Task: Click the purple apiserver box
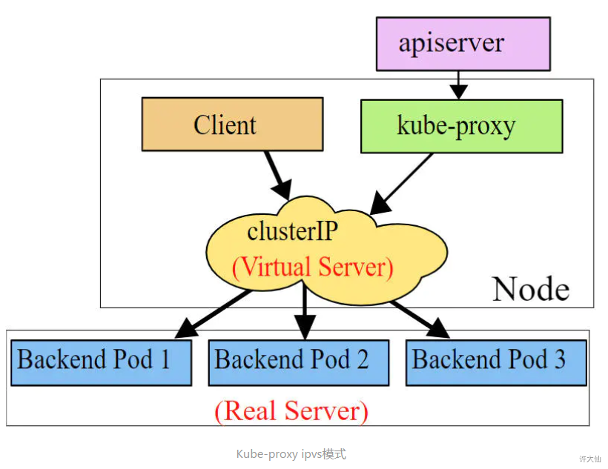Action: tap(463, 44)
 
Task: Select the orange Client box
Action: tap(232, 124)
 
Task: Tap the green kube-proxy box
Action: tap(460, 125)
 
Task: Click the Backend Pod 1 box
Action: tap(101, 362)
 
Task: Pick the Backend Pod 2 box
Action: tap(298, 362)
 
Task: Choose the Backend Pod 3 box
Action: tap(496, 362)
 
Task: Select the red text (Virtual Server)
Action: tap(312, 267)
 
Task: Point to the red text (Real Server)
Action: tap(291, 410)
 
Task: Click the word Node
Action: tap(531, 288)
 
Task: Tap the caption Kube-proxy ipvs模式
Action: tap(291, 453)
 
